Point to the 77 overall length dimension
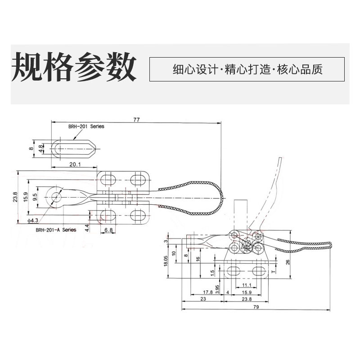[x=137, y=120]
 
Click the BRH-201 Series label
[x=86, y=126]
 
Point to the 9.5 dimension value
[x=35, y=197]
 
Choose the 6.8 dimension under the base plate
[x=108, y=229]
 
